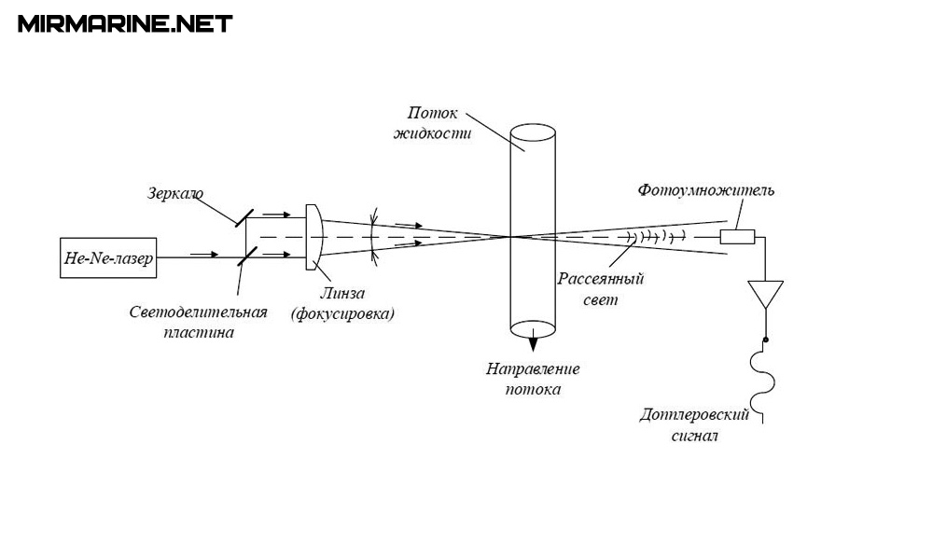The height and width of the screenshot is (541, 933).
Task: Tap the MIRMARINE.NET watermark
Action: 124,23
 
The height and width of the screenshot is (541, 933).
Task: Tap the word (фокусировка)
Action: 342,313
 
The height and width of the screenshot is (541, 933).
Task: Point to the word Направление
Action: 533,368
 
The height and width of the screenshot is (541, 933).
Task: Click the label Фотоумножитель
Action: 706,190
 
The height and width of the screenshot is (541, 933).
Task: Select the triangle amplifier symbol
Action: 766,294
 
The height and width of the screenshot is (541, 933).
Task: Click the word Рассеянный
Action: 602,280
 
